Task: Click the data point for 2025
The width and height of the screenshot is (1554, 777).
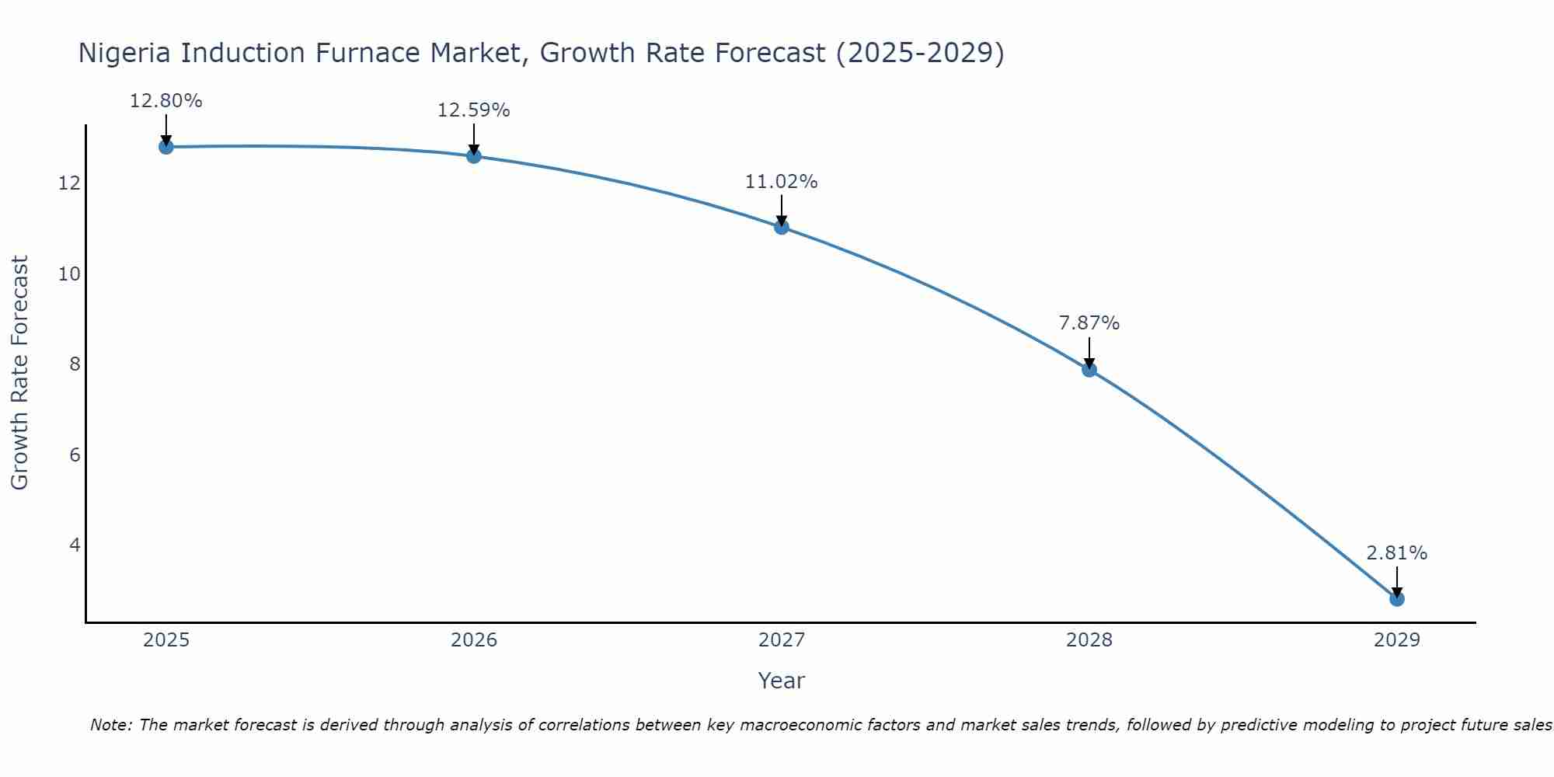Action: tap(166, 147)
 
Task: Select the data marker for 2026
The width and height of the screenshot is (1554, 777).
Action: tap(474, 156)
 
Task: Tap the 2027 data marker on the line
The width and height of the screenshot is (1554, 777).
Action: tap(782, 227)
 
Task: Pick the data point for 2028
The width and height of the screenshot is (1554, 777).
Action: tap(1089, 370)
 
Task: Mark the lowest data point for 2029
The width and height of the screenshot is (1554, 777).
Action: tap(1397, 599)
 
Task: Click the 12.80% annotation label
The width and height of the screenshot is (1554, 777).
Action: tap(166, 101)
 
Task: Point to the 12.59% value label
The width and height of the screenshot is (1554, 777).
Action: tap(474, 110)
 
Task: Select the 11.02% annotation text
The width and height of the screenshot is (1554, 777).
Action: tap(782, 182)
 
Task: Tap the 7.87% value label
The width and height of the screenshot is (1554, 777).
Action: tap(1089, 323)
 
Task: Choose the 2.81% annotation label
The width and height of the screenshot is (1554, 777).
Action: tap(1397, 553)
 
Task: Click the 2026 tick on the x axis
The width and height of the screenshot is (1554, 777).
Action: tap(474, 640)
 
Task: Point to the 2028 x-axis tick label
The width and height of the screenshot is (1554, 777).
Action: tap(1089, 640)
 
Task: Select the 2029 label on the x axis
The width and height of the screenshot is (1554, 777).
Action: tap(1397, 640)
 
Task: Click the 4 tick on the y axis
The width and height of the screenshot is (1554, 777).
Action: tap(75, 545)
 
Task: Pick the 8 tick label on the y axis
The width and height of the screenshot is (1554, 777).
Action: tap(75, 364)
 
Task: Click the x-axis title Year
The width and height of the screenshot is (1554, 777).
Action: tap(782, 681)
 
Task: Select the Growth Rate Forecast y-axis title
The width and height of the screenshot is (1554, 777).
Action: tap(20, 373)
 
